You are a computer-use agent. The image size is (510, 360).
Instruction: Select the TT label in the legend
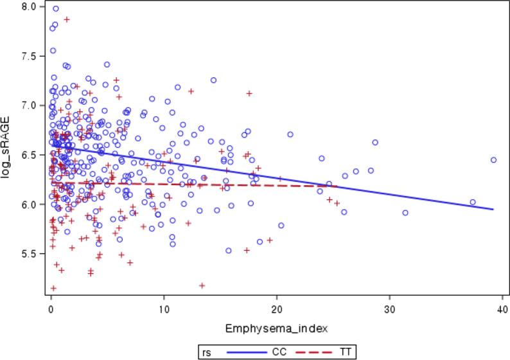(x=345, y=351)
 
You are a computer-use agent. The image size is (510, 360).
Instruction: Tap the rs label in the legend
(x=207, y=351)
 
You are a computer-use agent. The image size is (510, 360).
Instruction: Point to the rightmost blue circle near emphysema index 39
(x=493, y=160)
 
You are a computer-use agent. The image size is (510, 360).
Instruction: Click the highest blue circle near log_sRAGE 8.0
(x=56, y=9)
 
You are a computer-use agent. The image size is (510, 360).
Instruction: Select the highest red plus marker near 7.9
(x=67, y=19)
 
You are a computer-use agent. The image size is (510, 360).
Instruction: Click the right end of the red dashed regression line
(x=337, y=186)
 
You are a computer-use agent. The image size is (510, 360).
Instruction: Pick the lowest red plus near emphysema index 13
(x=202, y=285)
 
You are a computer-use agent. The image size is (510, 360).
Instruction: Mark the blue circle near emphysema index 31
(x=405, y=213)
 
